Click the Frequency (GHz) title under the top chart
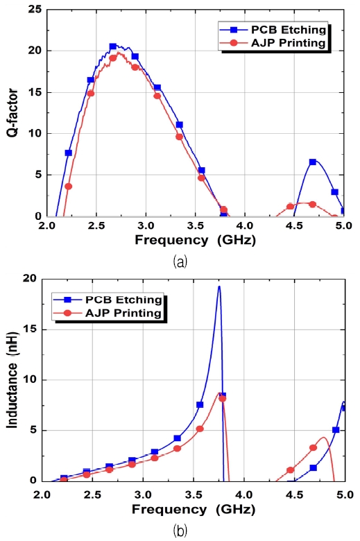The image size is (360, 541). pos(195,240)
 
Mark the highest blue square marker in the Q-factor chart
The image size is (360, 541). pos(113,46)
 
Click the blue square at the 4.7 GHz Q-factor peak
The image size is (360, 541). pos(313,162)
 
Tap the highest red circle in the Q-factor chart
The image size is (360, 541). pos(113,58)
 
